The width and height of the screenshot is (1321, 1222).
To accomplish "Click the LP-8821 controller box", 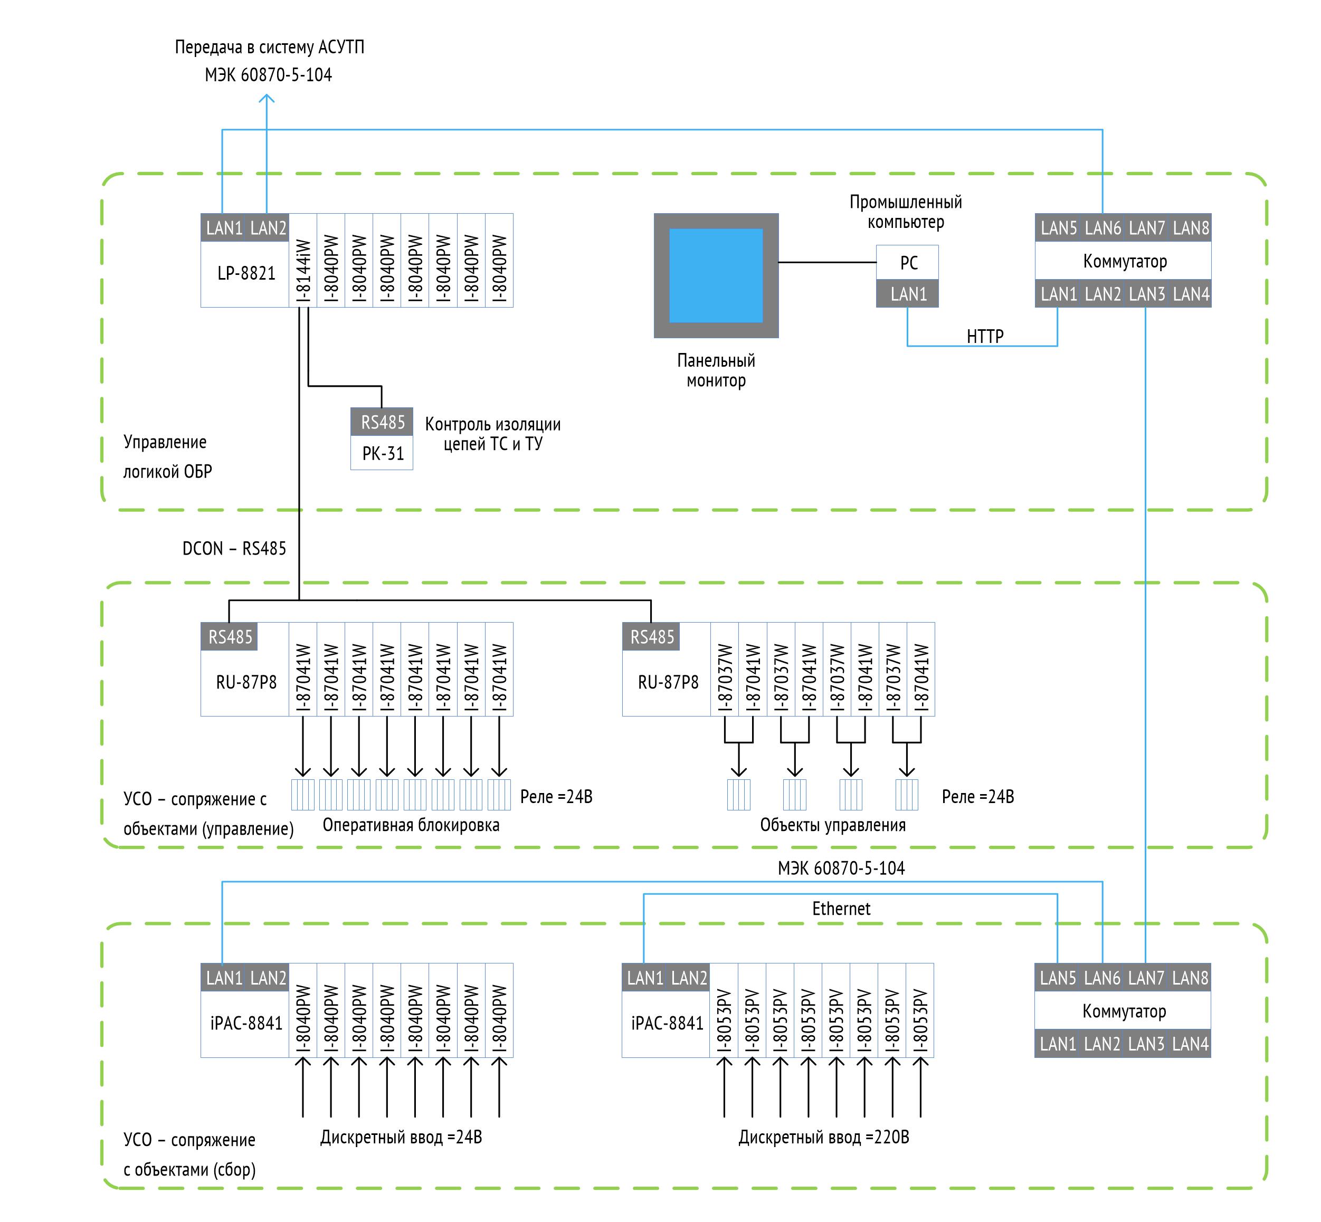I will [x=245, y=273].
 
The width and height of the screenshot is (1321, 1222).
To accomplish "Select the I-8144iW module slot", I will [x=303, y=261].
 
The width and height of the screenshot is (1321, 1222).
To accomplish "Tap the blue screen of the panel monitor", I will [x=715, y=275].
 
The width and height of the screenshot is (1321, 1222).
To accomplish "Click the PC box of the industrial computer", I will [x=908, y=263].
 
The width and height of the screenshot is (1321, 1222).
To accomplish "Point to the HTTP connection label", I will [x=984, y=337].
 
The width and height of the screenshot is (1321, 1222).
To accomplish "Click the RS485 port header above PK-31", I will [x=382, y=422].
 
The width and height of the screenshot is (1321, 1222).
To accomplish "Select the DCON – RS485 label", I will [x=234, y=549].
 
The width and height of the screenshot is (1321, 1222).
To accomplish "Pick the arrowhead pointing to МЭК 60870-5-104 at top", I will [x=267, y=99].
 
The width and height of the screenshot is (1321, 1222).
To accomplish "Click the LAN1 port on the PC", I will [x=908, y=294].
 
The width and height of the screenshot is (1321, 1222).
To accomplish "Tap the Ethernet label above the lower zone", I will [x=841, y=909].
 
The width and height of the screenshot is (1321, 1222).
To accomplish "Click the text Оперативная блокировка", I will [x=411, y=825].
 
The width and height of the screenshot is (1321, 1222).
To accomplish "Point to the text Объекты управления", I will [x=832, y=825].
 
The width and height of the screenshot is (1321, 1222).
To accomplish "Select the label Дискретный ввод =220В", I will [x=823, y=1138].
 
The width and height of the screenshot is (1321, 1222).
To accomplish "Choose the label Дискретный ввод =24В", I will [x=401, y=1138].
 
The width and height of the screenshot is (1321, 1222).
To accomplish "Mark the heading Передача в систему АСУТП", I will [x=269, y=47].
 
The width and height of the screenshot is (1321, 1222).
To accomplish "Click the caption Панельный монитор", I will [x=716, y=370].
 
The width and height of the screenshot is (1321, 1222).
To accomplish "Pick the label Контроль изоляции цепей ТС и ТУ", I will [x=493, y=434].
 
